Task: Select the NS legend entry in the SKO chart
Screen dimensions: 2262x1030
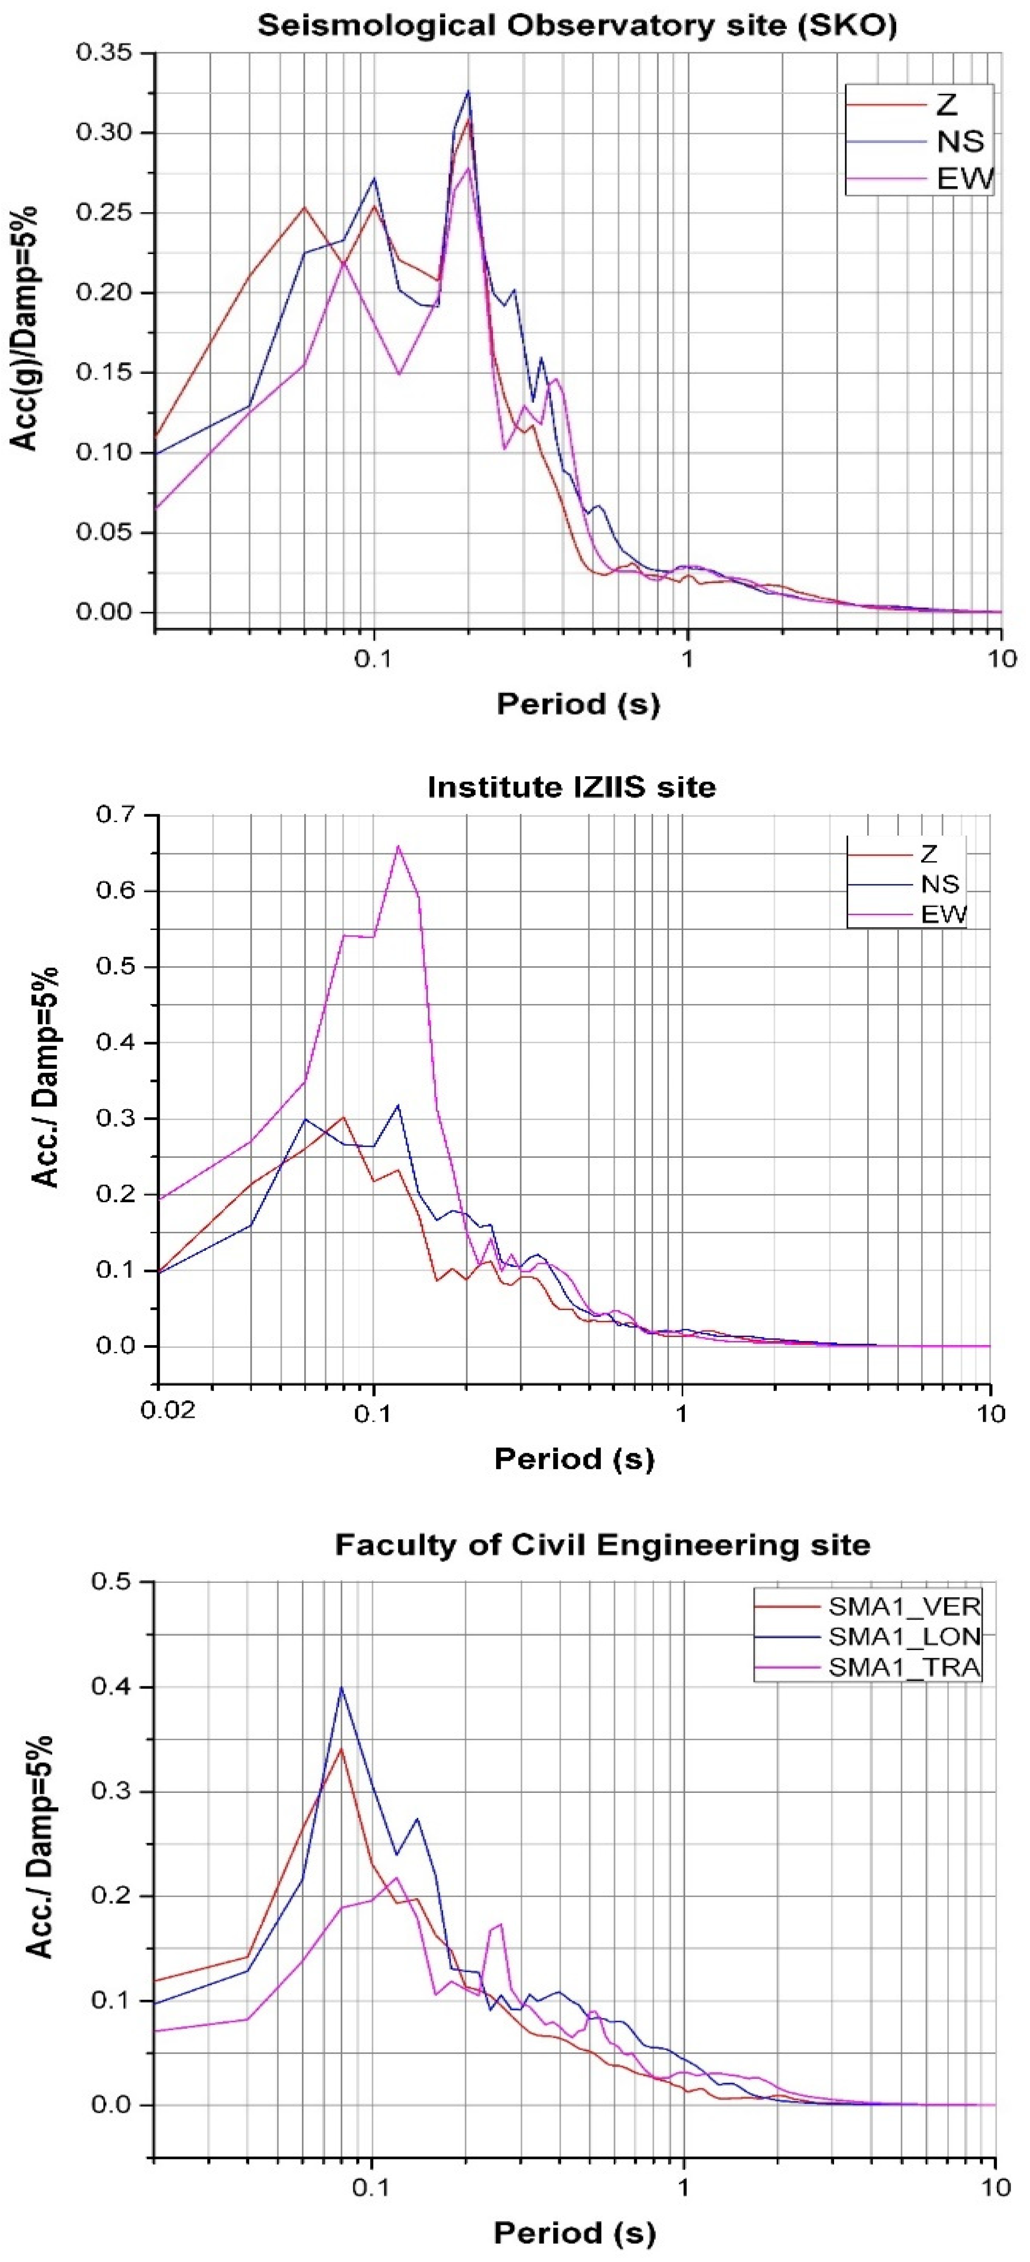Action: tap(960, 142)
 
